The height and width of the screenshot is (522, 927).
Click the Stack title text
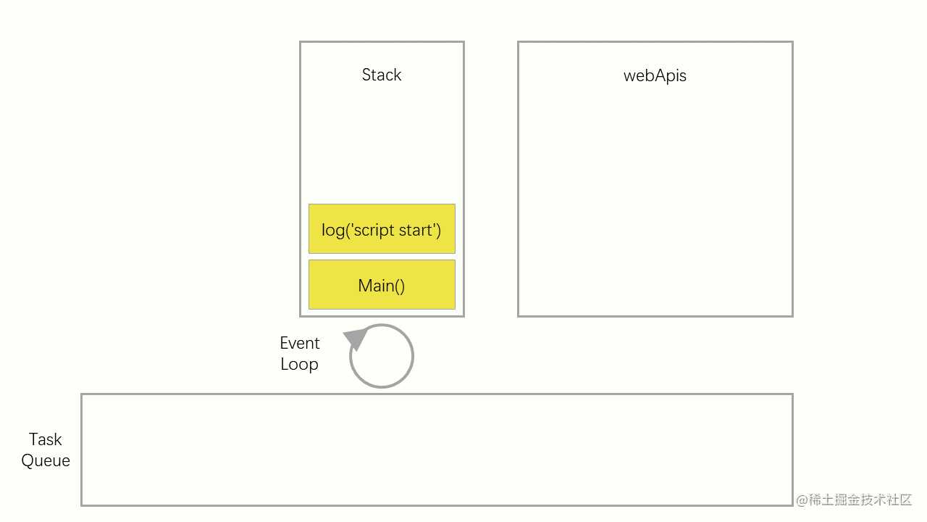382,75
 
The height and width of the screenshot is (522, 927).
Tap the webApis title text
655,75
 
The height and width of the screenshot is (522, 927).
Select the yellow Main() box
382,285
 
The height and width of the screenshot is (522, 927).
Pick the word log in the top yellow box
332,231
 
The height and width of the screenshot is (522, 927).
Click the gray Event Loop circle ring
412,357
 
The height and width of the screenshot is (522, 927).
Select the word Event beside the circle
300,343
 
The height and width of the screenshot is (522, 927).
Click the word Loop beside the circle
300,364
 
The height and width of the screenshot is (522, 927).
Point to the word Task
46,439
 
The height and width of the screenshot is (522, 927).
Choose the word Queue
46,460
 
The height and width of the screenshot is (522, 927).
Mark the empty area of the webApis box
655,203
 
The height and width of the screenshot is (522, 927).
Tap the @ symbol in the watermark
802,500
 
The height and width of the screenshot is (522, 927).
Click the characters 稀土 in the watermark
819,500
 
